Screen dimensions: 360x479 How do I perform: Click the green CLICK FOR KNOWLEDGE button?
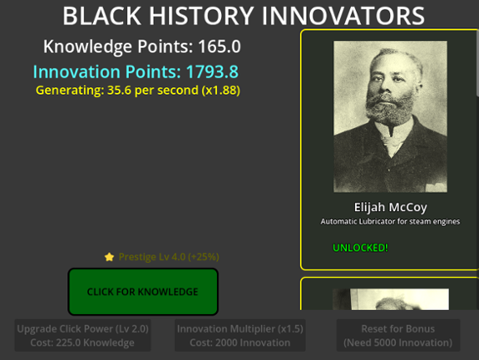(142, 291)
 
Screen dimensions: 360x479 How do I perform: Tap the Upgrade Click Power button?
(83, 335)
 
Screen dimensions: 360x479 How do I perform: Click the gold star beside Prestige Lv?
(109, 257)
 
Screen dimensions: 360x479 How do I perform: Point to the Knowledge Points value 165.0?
(219, 47)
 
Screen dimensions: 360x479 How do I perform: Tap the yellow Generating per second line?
(137, 90)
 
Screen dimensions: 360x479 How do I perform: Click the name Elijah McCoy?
(389, 207)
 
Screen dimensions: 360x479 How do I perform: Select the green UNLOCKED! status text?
(360, 248)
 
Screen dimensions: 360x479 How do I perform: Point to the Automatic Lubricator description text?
(389, 222)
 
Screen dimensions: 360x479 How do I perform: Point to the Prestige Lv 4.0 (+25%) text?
(168, 257)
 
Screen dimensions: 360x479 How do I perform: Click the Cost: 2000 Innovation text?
(239, 342)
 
